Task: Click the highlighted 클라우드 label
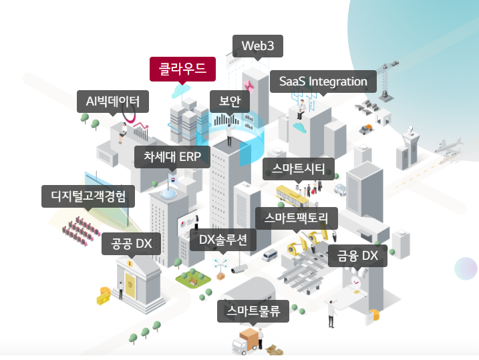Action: [x=182, y=68]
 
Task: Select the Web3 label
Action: [x=257, y=46]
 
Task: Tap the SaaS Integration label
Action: [x=323, y=81]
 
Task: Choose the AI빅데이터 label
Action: [x=112, y=102]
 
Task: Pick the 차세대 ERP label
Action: [x=172, y=157]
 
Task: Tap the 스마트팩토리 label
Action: [x=297, y=218]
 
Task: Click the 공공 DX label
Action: [x=131, y=244]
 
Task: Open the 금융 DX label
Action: [x=357, y=256]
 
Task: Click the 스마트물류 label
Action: [x=253, y=311]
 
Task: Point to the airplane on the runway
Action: [x=447, y=146]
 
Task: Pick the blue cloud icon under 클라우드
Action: [x=180, y=90]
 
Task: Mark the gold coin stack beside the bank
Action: [x=104, y=295]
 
